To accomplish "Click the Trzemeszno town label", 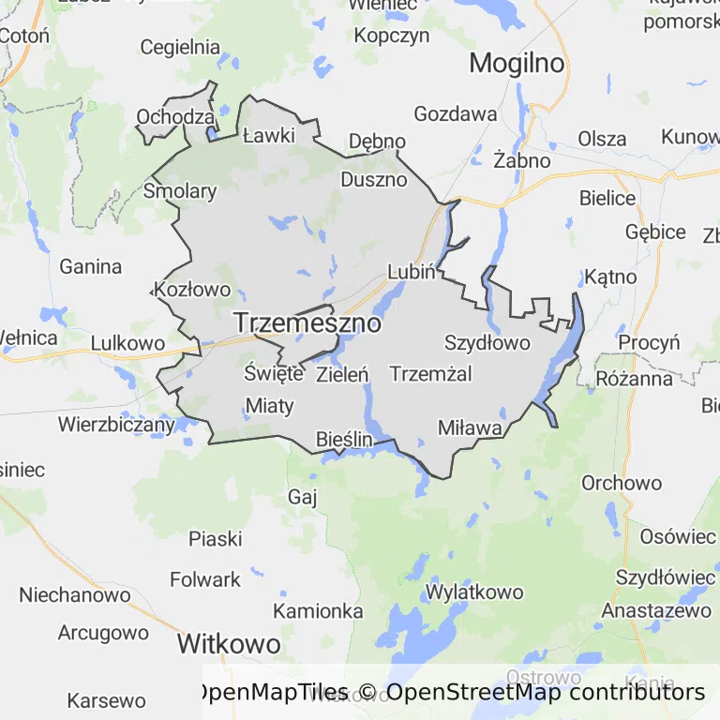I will click(x=307, y=323).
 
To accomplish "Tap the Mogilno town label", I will click(x=517, y=64).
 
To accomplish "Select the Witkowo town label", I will click(x=229, y=645).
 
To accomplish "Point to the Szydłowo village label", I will click(x=487, y=342).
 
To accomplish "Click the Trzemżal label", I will click(x=430, y=374).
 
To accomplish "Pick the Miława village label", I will click(x=470, y=427).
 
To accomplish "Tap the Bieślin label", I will click(x=345, y=439).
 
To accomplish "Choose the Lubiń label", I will click(x=412, y=272).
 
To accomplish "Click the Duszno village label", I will click(x=374, y=179).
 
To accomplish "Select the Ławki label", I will click(x=268, y=135).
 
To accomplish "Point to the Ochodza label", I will click(x=175, y=117).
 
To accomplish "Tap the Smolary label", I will click(x=180, y=192).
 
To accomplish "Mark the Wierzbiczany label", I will click(x=116, y=424).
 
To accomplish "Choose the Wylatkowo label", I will click(x=473, y=592).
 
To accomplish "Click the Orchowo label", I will click(x=622, y=484).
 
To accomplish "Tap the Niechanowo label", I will click(x=75, y=595).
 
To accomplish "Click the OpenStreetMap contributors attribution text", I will click(x=545, y=693).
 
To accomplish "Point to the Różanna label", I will click(x=634, y=379).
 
